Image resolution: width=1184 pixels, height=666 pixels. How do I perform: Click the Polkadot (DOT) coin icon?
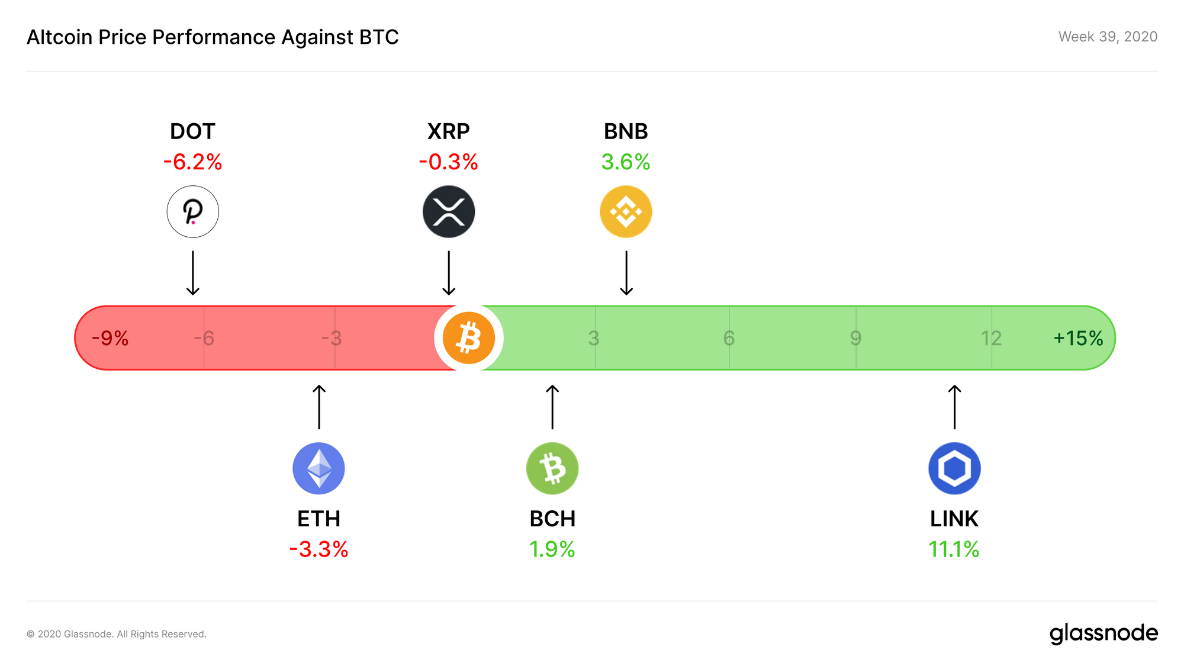pos(193,212)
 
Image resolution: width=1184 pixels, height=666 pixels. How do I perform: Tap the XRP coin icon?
pos(449,212)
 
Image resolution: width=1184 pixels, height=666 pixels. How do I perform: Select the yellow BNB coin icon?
pos(626,212)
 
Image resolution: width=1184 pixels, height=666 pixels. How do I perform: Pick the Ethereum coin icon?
pos(318,468)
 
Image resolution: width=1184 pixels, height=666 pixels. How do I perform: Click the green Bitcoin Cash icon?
pos(552,468)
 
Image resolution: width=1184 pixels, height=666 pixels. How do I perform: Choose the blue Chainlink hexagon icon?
pos(954,468)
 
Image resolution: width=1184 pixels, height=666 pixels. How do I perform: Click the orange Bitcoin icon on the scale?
pos(469,338)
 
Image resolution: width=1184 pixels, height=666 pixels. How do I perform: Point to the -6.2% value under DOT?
pos(193,162)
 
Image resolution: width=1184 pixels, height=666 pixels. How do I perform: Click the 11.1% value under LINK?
pos(954,549)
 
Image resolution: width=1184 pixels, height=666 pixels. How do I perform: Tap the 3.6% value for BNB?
pos(626,162)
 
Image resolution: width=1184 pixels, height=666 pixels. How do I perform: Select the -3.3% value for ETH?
pos(318,549)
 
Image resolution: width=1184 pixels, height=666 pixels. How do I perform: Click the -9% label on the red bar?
pos(110,338)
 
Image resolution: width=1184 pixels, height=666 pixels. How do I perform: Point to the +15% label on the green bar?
pos(1078,338)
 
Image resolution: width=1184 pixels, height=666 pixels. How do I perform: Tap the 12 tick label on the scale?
pos(991,338)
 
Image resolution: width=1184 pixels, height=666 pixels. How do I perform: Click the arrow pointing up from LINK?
pos(954,407)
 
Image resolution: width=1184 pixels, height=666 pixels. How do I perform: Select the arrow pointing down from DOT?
pos(193,273)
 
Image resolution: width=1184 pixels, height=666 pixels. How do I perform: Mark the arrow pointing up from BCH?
pos(552,407)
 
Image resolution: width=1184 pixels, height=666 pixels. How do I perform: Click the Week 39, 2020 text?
pos(1108,37)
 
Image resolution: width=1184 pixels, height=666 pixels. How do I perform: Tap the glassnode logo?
pos(1103,633)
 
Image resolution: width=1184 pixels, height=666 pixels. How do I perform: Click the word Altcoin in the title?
pos(60,37)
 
